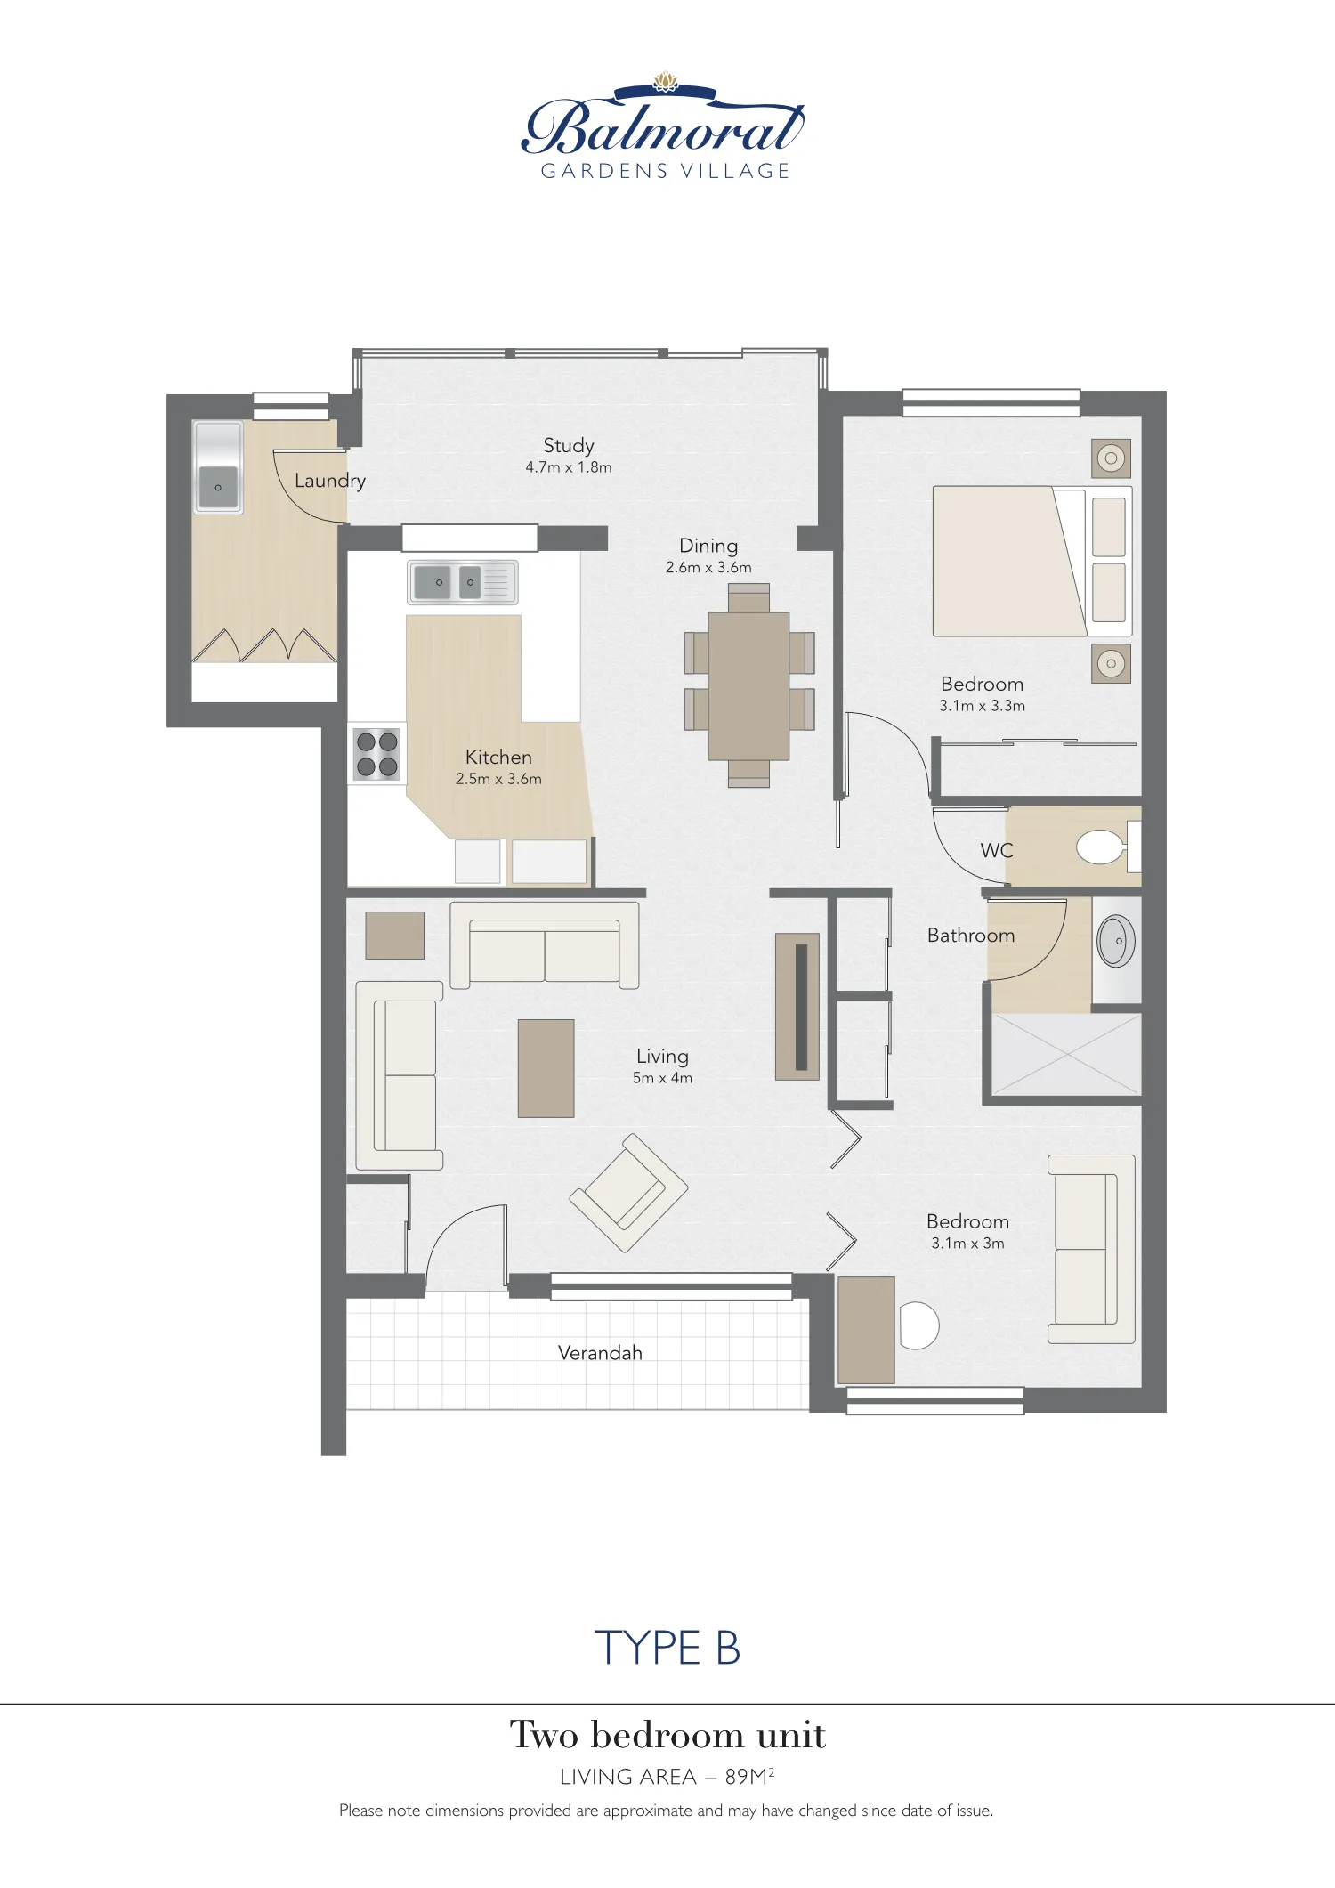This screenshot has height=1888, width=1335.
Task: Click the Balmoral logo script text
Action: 663,129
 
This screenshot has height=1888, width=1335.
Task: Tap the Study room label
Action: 569,446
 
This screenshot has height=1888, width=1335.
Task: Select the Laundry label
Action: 330,481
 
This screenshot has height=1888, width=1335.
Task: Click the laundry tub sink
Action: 218,485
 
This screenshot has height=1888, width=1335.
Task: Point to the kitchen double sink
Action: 462,582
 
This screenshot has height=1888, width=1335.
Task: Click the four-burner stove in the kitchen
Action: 376,754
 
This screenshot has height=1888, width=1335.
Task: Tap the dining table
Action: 748,685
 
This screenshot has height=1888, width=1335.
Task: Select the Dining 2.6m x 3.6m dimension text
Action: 708,568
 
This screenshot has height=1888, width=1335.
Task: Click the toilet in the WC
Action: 1101,847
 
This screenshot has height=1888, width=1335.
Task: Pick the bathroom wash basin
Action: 1116,941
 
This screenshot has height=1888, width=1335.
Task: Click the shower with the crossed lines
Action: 1066,1055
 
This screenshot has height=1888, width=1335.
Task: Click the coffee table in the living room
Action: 546,1068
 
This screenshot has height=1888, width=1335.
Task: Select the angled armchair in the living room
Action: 628,1193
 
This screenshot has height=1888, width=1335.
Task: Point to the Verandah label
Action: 600,1353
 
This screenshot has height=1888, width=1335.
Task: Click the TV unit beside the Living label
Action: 797,1007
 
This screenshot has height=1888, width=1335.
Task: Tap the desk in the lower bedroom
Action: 866,1330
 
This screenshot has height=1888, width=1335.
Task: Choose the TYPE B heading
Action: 667,1648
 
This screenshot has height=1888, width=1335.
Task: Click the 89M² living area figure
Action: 748,1777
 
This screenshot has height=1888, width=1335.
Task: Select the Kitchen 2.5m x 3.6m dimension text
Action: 498,779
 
